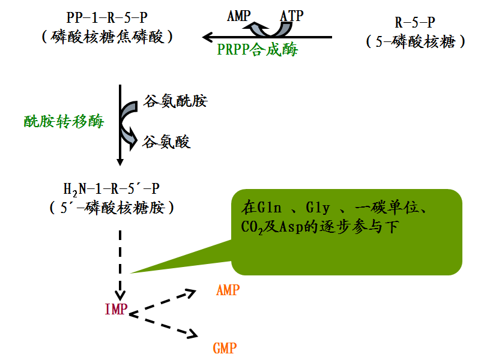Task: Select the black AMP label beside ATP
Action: (x=240, y=15)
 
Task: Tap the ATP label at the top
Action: (x=292, y=15)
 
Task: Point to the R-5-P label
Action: (x=415, y=23)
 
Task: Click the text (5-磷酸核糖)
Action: (x=416, y=42)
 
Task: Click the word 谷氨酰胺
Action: (x=175, y=101)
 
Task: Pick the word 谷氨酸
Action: (x=166, y=142)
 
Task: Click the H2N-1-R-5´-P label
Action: (x=112, y=188)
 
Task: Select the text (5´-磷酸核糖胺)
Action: (x=112, y=208)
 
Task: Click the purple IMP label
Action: (x=116, y=310)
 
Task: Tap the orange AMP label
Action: (x=228, y=290)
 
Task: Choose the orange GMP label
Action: (x=225, y=348)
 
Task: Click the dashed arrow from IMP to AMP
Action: (x=163, y=302)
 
